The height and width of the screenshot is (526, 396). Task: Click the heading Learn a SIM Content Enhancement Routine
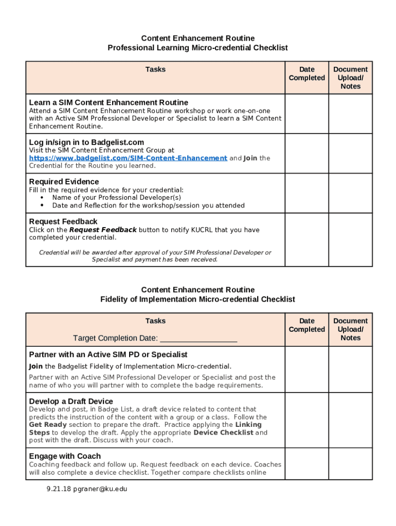(x=109, y=102)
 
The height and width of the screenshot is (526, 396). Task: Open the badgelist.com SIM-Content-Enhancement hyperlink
(x=128, y=158)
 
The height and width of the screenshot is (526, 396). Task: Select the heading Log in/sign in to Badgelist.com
(x=86, y=142)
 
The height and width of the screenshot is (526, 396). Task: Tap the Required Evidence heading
(x=64, y=182)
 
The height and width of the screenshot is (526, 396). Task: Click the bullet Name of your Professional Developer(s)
(x=116, y=198)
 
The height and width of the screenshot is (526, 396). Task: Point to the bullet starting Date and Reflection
(x=148, y=205)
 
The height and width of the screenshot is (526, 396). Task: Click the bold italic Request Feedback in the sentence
(x=103, y=230)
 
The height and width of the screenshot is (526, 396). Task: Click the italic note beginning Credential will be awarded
(x=155, y=256)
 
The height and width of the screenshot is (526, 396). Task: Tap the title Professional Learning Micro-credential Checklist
(x=197, y=48)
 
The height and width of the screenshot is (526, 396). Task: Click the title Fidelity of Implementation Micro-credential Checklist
(x=197, y=299)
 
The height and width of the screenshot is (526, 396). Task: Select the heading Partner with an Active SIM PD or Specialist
(x=108, y=354)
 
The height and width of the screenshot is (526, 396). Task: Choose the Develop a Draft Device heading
(x=71, y=401)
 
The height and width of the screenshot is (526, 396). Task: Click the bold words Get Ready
(x=48, y=425)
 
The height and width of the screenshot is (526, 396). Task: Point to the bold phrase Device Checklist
(x=223, y=433)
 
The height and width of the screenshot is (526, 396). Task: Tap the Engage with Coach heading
(x=65, y=456)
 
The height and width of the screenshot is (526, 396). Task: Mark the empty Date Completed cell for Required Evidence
(x=307, y=193)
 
